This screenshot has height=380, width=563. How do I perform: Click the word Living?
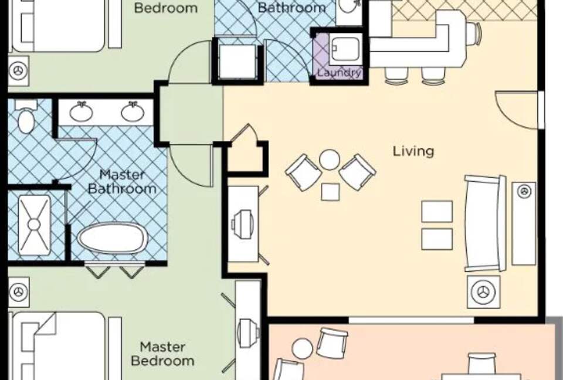pos(413,151)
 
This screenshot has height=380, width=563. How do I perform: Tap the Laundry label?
pos(339,73)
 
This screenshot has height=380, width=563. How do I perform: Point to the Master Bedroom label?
pos(162,354)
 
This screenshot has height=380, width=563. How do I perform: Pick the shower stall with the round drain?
pos(34,225)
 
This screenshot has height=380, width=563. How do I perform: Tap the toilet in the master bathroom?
pos(26,119)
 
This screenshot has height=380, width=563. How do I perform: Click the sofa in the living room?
pos(484,223)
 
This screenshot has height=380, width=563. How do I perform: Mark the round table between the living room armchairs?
pos(330,160)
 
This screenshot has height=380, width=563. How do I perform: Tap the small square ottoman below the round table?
pos(330,192)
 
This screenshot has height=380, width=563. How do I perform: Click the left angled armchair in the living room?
pos(303,172)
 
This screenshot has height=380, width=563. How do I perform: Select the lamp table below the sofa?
pos(484,291)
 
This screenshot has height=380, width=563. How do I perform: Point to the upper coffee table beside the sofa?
pos(437,211)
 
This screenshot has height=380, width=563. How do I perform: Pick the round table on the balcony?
pos(303,349)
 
